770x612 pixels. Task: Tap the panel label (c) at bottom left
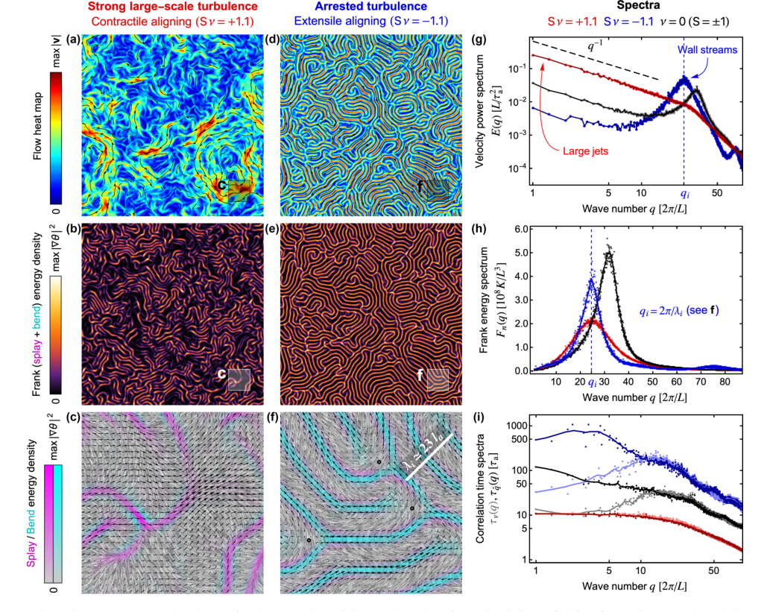click(72, 417)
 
